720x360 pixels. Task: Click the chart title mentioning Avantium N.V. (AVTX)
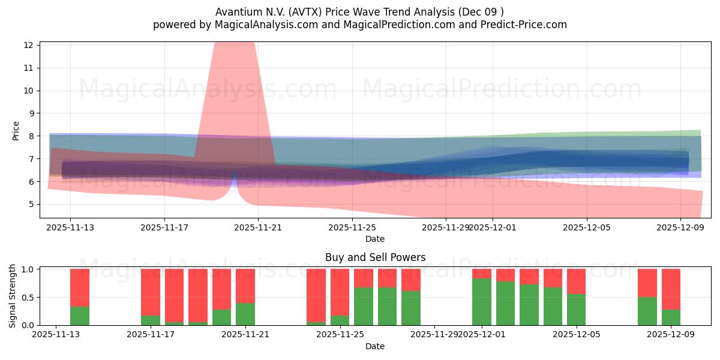click(359, 11)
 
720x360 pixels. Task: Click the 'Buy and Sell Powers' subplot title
click(375, 257)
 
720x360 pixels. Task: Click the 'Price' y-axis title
click(16, 131)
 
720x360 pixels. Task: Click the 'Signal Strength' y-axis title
click(13, 296)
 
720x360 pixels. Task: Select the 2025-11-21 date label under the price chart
click(257, 227)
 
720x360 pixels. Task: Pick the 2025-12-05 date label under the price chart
click(586, 227)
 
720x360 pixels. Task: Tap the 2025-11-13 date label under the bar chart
click(56, 335)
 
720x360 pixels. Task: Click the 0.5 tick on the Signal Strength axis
click(27, 297)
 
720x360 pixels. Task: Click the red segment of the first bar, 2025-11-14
click(80, 287)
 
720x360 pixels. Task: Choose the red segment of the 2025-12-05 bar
click(576, 281)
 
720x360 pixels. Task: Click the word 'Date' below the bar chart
click(375, 346)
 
